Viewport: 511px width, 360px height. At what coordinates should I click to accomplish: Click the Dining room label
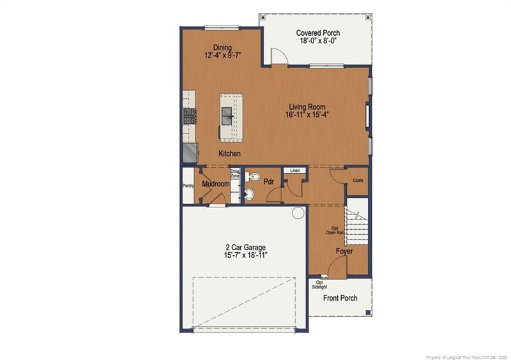222,47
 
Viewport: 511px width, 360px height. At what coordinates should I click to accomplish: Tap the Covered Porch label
318,33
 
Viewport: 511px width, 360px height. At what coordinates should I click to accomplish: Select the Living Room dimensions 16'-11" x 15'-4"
307,116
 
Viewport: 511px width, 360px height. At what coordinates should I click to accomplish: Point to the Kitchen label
229,154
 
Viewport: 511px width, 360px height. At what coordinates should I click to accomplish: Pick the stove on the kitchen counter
190,116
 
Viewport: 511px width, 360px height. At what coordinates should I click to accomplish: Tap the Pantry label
188,186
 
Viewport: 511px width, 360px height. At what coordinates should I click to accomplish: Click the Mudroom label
215,184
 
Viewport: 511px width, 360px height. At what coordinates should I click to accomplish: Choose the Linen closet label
295,171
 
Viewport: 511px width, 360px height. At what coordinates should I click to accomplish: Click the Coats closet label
358,181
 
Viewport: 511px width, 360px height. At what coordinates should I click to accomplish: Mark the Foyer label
345,251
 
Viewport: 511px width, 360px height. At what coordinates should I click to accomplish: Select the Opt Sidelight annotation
319,285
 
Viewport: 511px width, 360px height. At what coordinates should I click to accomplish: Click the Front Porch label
340,298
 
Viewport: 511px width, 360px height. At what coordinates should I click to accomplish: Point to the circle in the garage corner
297,214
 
